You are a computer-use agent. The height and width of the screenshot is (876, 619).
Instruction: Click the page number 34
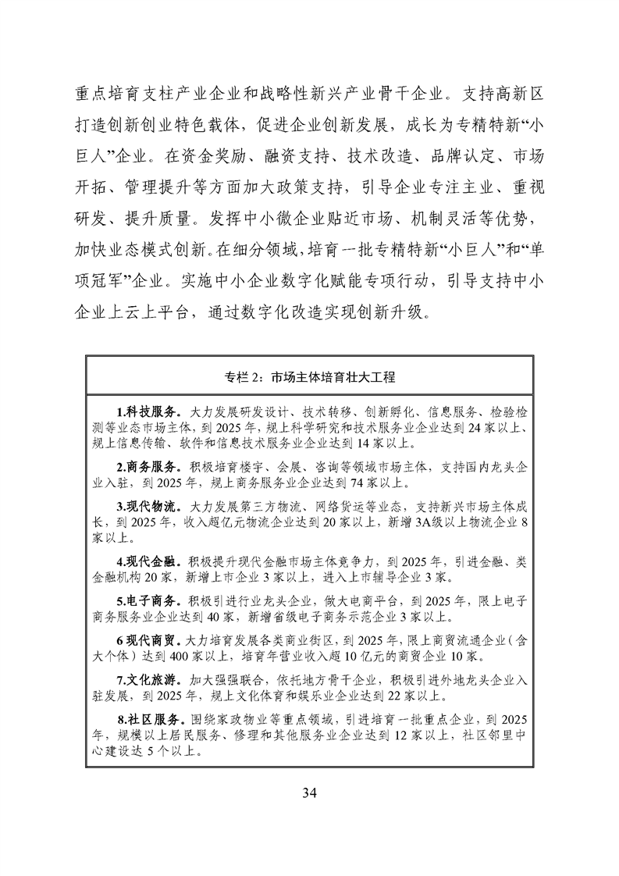click(x=309, y=794)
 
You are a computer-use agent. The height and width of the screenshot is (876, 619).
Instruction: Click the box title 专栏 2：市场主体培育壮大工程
click(x=309, y=377)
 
